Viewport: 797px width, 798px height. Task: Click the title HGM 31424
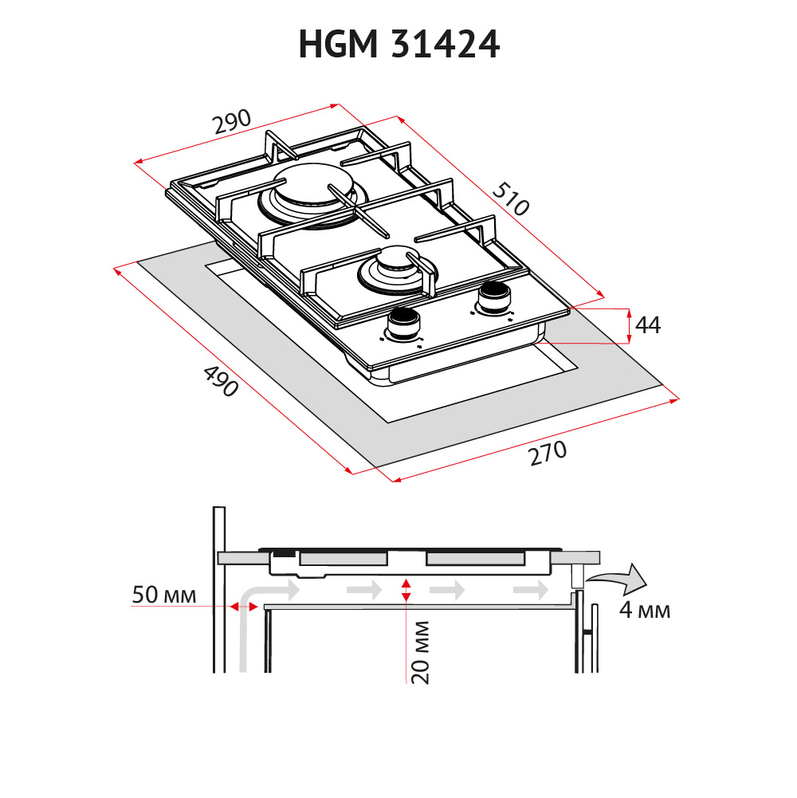[399, 45]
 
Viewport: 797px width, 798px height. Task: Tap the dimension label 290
[232, 122]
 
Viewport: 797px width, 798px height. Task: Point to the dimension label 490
[221, 381]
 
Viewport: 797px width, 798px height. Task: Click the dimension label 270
[548, 454]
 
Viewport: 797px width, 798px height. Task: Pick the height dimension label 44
[648, 325]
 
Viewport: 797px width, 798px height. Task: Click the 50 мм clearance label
[164, 595]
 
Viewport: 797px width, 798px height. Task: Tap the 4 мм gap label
[645, 609]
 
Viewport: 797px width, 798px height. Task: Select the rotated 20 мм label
[421, 652]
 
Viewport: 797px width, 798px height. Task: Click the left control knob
[404, 324]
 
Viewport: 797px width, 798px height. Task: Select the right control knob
[493, 297]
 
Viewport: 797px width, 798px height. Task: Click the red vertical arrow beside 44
[630, 326]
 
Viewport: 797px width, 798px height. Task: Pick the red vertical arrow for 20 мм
[406, 591]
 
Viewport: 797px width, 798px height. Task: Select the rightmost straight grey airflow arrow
[530, 591]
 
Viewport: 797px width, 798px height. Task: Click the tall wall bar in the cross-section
[219, 589]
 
